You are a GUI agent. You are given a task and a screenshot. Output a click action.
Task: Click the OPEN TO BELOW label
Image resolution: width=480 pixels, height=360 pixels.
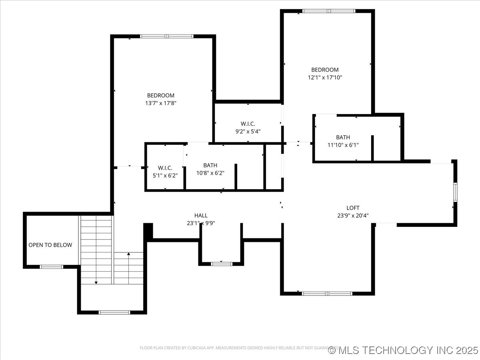50,245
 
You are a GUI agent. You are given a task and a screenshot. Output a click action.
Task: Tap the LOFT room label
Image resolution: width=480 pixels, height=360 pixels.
353,208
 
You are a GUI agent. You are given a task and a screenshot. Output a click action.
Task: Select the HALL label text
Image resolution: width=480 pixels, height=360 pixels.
201,215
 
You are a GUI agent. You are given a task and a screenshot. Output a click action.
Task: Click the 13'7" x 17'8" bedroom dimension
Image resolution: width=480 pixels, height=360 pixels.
161,103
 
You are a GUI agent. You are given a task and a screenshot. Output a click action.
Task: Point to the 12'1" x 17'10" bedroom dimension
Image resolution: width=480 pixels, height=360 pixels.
325,77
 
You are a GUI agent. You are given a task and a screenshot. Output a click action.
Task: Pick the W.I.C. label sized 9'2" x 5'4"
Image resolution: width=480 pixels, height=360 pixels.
248,124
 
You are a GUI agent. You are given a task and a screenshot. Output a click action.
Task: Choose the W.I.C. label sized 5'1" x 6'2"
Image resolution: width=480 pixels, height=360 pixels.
165,168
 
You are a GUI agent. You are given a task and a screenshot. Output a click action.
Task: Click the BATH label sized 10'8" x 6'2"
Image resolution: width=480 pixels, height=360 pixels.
210,165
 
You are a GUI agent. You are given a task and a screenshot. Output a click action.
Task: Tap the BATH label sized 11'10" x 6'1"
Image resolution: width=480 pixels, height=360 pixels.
343,137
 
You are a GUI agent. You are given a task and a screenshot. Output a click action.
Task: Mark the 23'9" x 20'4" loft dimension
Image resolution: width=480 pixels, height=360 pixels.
353,215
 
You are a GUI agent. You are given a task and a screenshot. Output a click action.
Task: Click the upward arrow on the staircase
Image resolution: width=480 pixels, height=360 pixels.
128,254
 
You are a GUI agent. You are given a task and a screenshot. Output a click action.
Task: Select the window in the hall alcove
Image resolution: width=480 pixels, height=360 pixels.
221,264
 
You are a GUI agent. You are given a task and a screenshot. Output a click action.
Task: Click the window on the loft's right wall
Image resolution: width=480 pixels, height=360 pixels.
455,192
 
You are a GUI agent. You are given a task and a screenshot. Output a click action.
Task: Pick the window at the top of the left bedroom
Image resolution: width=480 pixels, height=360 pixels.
167,36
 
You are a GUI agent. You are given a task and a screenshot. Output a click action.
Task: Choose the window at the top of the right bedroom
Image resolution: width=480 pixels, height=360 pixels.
328,11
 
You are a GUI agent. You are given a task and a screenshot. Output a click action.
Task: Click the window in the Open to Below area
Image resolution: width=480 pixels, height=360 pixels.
52,267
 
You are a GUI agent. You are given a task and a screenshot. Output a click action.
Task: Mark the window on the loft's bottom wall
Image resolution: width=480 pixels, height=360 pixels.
327,293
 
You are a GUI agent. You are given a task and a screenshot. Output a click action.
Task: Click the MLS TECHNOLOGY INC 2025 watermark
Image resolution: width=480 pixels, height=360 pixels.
403,350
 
